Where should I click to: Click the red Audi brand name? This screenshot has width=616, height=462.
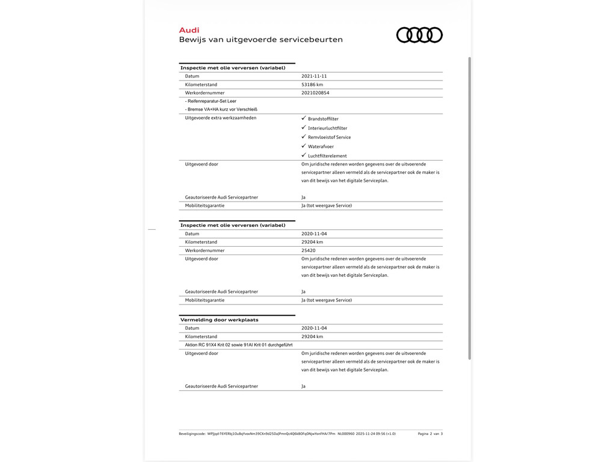189,30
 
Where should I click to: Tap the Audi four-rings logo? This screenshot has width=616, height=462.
419,35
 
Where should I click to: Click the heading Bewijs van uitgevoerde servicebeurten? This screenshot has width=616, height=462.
260,40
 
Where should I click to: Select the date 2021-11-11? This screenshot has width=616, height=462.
314,76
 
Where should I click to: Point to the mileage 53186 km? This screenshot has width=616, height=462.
312,85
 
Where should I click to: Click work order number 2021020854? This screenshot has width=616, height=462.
315,93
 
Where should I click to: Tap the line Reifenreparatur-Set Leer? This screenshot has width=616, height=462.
211,101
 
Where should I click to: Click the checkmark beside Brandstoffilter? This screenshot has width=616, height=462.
304,119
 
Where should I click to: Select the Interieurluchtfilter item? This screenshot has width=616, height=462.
327,128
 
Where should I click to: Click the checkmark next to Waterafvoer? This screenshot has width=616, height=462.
304,146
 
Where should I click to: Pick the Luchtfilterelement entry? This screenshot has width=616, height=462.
327,156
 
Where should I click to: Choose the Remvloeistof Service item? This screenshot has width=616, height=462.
329,137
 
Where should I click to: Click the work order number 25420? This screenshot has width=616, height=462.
308,250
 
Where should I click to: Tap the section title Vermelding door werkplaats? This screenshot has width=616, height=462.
219,320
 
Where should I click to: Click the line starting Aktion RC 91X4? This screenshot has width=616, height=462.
239,345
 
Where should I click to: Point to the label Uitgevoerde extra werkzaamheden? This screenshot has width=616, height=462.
220,118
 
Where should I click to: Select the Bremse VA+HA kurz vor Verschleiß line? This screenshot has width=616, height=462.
221,109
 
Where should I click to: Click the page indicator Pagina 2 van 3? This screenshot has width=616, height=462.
430,434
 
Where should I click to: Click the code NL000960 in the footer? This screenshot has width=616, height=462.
346,434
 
